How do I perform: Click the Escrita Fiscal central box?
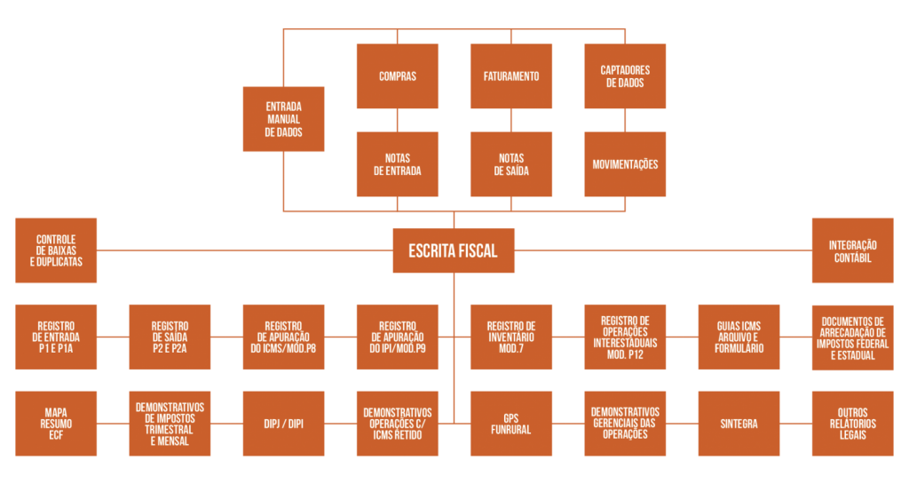pos(453,250)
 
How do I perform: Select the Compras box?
pos(397,76)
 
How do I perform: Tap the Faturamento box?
pos(510,76)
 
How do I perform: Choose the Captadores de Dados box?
pos(625,76)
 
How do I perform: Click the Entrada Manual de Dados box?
pos(283,119)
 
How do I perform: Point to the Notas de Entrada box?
pos(397,164)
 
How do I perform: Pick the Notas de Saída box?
pos(510,164)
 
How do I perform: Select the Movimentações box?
pos(625,164)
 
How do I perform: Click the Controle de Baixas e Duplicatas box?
pos(56,250)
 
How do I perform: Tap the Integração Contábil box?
pos(852,250)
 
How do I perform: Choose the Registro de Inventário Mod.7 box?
pos(510,337)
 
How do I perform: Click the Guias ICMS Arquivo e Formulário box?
pos(739,337)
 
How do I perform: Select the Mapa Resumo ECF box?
pos(56,424)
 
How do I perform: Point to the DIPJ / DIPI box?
pos(283,424)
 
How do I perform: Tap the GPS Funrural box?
pos(510,424)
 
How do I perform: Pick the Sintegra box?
pos(739,424)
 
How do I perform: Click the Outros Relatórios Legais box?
pos(852,424)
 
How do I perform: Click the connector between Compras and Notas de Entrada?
pos(397,120)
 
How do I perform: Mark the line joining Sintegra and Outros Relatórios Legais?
pos(795,424)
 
